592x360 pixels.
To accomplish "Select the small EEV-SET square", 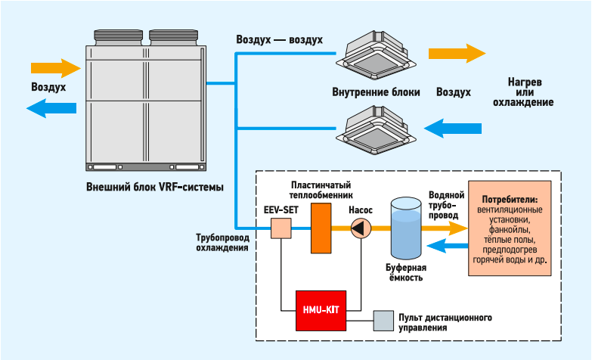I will click(x=281, y=228).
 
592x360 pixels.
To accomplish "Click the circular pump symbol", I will click(x=361, y=228).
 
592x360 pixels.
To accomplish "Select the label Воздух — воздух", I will click(x=279, y=39).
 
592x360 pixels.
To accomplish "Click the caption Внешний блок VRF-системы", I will click(x=155, y=186).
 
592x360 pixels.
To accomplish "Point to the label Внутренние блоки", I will click(x=376, y=92).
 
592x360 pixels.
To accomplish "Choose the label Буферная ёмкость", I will click(x=405, y=272).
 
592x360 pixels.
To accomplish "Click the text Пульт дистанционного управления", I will click(x=441, y=321).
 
